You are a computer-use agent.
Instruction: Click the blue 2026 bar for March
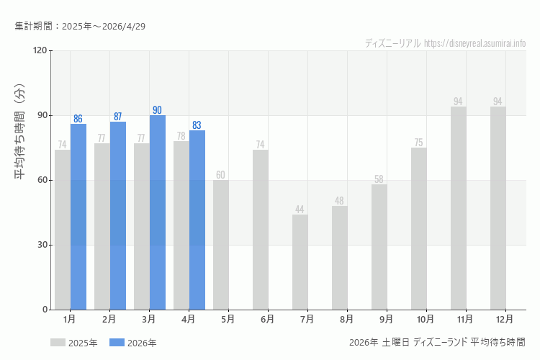pos(158,212)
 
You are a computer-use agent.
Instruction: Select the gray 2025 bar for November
pos(459,208)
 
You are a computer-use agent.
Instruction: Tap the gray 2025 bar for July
pos(300,262)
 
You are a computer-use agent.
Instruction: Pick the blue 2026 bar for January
pos(78,217)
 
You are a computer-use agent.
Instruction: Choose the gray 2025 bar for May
pos(221,245)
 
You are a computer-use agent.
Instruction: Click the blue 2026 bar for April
pos(197,220)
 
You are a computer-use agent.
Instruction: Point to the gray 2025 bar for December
pos(498,208)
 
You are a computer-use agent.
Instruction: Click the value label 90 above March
pos(158,110)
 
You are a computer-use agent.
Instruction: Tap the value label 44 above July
pos(300,210)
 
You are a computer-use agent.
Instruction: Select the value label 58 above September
pos(379,179)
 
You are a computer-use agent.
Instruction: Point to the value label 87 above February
pos(118,117)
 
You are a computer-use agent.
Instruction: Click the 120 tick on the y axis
pos(40,50)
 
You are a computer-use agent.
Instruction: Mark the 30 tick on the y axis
pos(42,245)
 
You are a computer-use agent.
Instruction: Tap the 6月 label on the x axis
pos(268,318)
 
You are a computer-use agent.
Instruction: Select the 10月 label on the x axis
pos(425,318)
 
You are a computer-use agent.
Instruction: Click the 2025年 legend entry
pos(74,343)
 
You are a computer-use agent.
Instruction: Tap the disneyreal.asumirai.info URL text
pos(475,43)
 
